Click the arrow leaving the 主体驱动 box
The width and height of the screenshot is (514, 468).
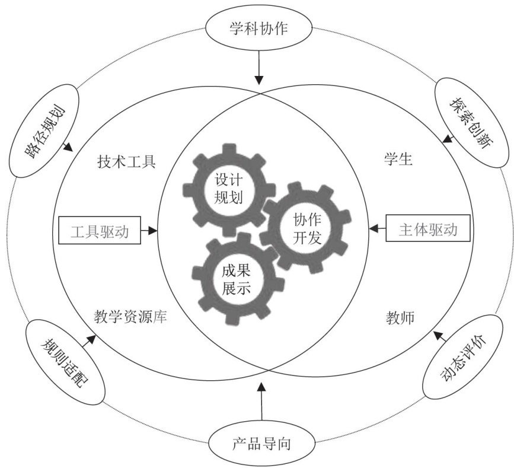pos(377,229)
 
